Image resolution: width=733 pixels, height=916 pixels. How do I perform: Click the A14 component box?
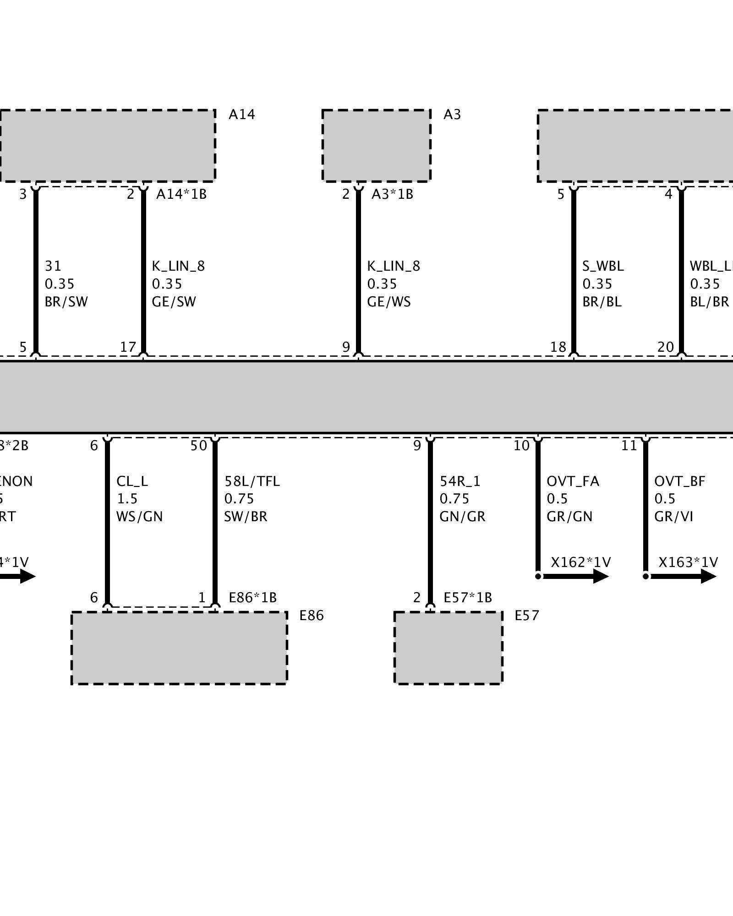click(107, 146)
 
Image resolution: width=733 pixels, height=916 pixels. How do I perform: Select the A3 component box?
click(376, 146)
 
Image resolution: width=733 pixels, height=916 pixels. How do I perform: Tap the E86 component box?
click(179, 648)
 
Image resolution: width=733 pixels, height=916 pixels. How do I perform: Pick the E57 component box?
click(448, 648)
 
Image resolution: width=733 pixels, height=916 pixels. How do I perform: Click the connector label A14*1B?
click(181, 194)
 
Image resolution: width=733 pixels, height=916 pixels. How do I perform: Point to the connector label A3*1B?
click(392, 194)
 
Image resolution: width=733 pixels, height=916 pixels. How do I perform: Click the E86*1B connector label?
click(252, 598)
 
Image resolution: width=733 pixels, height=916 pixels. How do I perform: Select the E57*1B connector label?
click(468, 598)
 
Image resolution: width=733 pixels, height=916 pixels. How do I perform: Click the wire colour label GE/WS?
click(389, 302)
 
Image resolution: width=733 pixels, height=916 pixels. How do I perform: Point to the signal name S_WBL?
click(603, 266)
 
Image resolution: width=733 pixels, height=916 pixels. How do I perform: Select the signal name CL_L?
click(132, 481)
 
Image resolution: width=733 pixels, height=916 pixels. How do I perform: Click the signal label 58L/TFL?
click(252, 481)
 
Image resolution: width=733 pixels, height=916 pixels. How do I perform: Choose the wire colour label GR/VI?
click(673, 517)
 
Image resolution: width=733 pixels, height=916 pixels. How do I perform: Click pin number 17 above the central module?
click(128, 347)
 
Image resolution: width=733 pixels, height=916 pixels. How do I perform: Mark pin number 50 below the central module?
click(199, 446)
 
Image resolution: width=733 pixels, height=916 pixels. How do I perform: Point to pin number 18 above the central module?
click(558, 347)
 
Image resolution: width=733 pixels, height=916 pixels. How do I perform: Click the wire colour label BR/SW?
click(66, 302)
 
